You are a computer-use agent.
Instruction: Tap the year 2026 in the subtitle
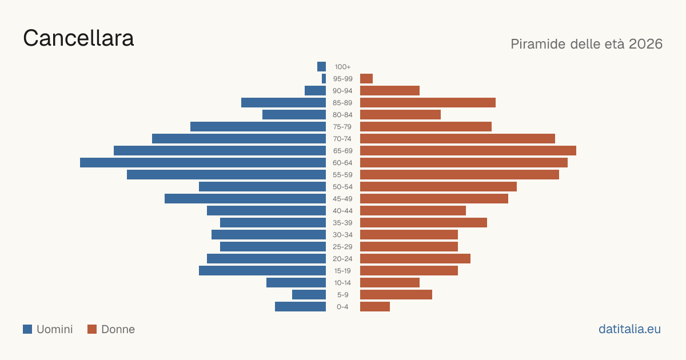[x=645, y=44]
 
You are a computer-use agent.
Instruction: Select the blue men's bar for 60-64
[x=203, y=162]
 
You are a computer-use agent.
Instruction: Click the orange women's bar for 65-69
[x=468, y=151]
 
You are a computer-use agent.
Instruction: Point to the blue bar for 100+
[x=321, y=66]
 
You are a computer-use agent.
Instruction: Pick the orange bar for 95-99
[x=366, y=79]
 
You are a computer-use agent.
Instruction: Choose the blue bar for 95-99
[x=324, y=79]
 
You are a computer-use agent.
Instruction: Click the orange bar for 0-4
[x=375, y=306]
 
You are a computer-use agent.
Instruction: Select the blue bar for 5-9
[x=309, y=294]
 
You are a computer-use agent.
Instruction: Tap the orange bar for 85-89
[x=428, y=102]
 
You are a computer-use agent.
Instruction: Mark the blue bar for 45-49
[x=245, y=199]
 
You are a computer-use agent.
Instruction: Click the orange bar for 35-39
[x=424, y=222]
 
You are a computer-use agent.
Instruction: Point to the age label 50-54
[x=342, y=187]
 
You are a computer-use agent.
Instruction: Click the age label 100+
[x=342, y=67]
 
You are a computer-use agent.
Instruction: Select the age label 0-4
[x=342, y=307]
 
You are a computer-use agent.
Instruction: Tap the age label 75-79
[x=342, y=127]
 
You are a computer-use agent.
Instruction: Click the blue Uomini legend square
[x=27, y=329]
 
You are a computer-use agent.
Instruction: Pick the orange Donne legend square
[x=92, y=329]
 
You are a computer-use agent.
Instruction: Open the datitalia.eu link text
[x=629, y=329]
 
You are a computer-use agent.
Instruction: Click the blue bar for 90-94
[x=315, y=91]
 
